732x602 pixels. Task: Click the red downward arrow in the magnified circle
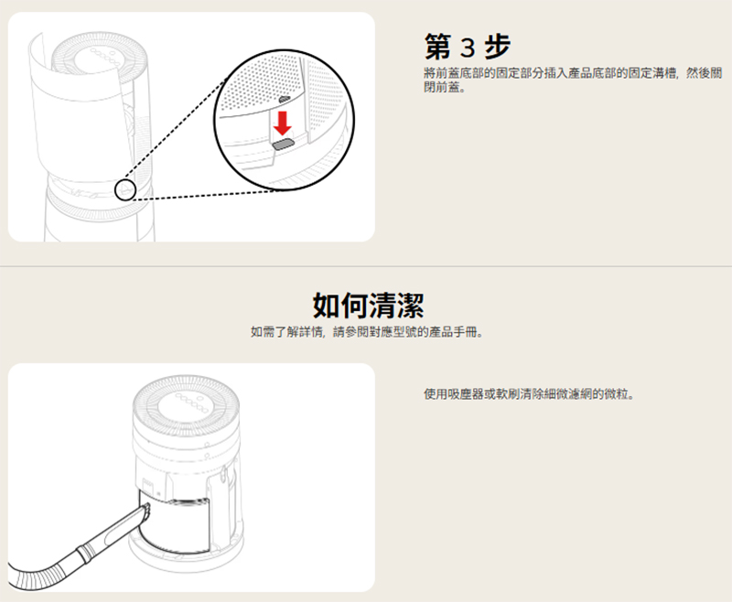tap(283, 122)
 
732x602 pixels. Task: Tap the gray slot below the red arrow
tap(283, 144)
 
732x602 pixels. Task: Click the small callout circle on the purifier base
tap(125, 190)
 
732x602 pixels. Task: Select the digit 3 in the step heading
tap(468, 48)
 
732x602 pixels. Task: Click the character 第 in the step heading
tap(438, 47)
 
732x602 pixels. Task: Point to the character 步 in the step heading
tap(497, 47)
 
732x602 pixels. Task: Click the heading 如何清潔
tap(368, 306)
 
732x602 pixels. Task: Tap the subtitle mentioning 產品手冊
tap(367, 332)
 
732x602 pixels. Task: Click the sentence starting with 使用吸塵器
tap(529, 394)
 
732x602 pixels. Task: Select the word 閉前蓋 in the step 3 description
tap(442, 87)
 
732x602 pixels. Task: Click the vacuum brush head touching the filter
tap(145, 511)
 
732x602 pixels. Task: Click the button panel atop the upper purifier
tap(100, 59)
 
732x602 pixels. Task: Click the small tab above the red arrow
tap(285, 100)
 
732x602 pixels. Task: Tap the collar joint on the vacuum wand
tap(85, 554)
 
